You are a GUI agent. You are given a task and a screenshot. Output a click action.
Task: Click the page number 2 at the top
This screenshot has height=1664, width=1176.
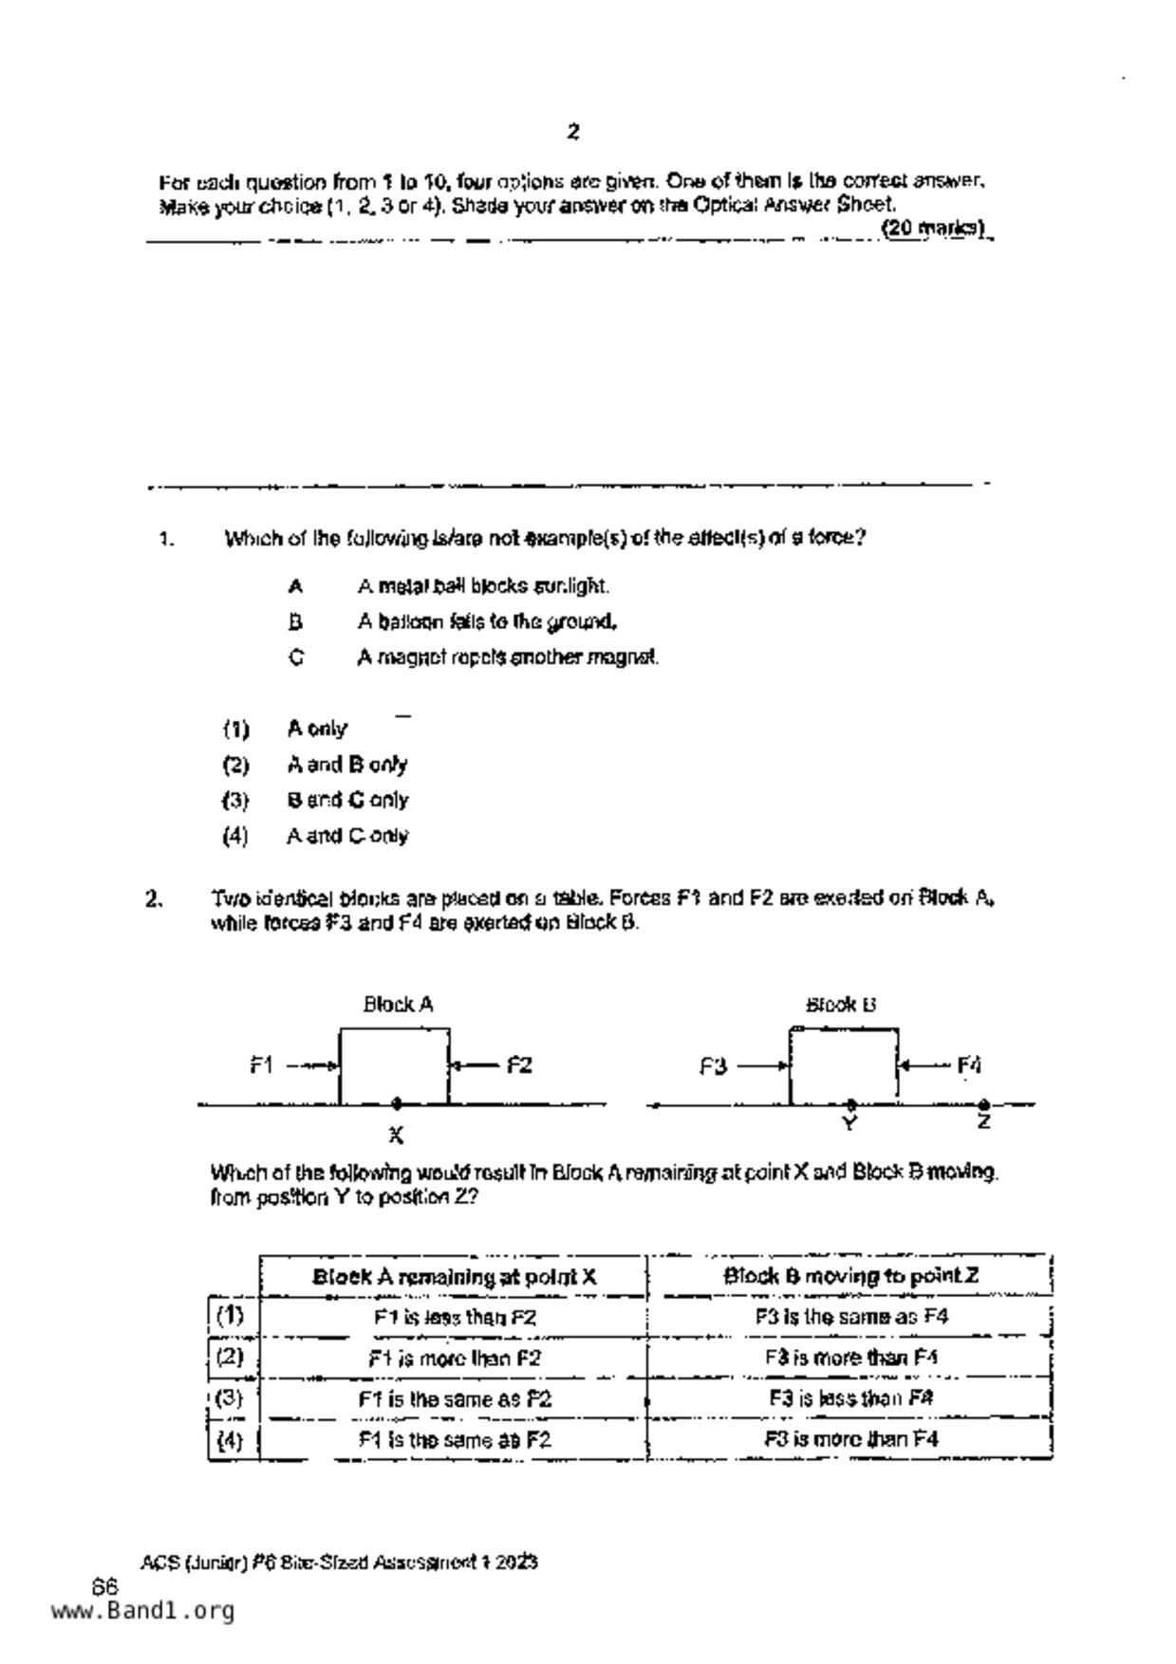pos(573,132)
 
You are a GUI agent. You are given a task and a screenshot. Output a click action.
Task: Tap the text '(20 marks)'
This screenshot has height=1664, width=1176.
pos(935,228)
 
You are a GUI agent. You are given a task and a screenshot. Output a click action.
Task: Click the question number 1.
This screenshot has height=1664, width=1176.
pos(166,540)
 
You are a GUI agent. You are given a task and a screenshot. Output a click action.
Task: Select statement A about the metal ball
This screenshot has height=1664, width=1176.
pos(482,586)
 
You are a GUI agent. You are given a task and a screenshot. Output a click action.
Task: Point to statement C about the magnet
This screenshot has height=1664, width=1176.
pos(507,657)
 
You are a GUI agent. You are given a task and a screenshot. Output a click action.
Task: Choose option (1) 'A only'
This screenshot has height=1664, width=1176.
pos(316,729)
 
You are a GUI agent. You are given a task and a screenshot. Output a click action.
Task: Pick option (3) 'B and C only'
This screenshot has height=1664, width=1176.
pos(346,801)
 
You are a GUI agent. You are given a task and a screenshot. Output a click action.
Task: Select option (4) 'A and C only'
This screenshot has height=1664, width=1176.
pos(346,836)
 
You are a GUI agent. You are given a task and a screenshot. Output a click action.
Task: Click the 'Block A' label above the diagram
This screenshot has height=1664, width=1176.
pos(398,1004)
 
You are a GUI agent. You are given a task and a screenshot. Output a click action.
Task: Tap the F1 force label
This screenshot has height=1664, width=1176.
pos(262,1065)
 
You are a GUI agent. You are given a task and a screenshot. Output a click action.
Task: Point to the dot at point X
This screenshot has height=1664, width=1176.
pos(397,1102)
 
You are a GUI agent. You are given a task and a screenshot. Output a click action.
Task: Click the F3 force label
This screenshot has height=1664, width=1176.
pos(713,1066)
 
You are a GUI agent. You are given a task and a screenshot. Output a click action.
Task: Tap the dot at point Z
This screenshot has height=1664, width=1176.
pos(984,1104)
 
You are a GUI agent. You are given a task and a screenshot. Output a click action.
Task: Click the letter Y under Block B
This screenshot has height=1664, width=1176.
pos(850,1123)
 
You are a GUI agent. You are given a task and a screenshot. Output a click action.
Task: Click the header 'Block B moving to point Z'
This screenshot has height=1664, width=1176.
pos(850,1276)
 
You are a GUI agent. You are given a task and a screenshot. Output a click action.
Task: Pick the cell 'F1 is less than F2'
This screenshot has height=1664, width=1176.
pos(455,1318)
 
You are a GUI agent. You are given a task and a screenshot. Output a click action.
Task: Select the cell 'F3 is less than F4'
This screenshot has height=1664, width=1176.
pos(850,1398)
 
